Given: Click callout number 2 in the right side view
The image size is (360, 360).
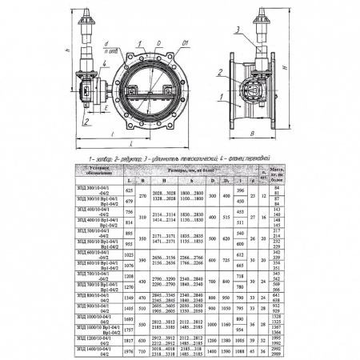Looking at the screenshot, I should [x=218, y=74].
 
